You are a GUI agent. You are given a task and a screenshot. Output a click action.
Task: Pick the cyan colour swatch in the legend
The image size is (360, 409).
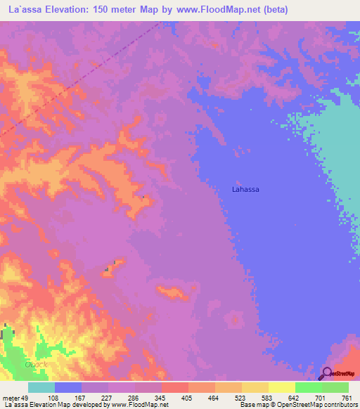pyautogui.click(x=41, y=387)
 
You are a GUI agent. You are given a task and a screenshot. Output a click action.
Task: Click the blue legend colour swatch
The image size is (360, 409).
pyautogui.click(x=68, y=387)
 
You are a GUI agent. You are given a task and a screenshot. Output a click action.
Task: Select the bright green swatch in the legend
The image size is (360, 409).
pyautogui.click(x=308, y=387)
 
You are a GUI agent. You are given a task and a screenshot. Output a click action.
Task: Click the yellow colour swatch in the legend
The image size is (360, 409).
pyautogui.click(x=281, y=387)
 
